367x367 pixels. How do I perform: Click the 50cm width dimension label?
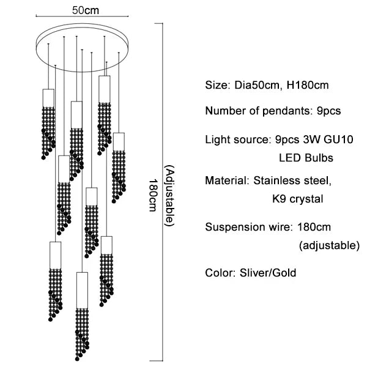76,11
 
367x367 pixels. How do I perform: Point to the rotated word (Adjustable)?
169,195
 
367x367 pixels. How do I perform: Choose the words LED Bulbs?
306,158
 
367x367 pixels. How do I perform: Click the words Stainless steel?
292,181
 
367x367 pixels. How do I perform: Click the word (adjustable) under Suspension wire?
329,245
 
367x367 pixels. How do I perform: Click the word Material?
225,181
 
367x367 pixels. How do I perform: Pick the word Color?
218,273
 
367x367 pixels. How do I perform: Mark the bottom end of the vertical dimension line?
161,360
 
